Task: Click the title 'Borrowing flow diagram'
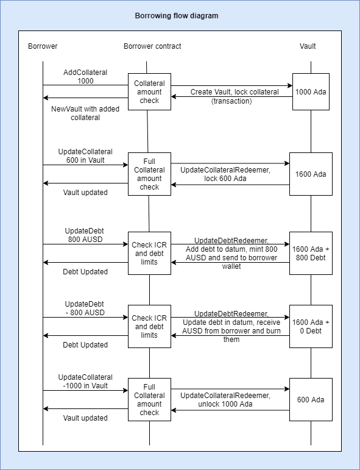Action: pyautogui.click(x=177, y=16)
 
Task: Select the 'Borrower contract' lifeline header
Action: pyautogui.click(x=152, y=46)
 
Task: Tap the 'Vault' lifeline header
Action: pyautogui.click(x=308, y=46)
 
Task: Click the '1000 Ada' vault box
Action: pyautogui.click(x=311, y=91)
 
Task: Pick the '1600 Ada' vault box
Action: pyautogui.click(x=311, y=174)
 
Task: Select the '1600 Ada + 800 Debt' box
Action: pyautogui.click(x=311, y=253)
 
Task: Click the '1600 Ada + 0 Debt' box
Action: pyautogui.click(x=311, y=326)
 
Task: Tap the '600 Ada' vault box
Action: pyautogui.click(x=311, y=399)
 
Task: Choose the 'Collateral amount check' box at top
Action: pyautogui.click(x=149, y=91)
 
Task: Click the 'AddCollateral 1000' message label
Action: pyautogui.click(x=85, y=76)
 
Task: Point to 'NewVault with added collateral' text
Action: pyautogui.click(x=85, y=113)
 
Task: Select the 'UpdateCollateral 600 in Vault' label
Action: pyautogui.click(x=85, y=156)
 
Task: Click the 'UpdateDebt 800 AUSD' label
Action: pyautogui.click(x=85, y=235)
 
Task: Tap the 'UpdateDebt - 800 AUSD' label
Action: pyautogui.click(x=85, y=308)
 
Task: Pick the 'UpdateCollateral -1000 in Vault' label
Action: pyautogui.click(x=85, y=381)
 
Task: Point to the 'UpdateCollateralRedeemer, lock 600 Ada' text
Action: pyautogui.click(x=225, y=174)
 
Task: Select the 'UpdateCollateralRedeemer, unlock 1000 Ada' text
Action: pyautogui.click(x=225, y=399)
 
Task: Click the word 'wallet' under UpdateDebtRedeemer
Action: pyautogui.click(x=231, y=266)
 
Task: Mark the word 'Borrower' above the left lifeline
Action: pyautogui.click(x=43, y=46)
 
